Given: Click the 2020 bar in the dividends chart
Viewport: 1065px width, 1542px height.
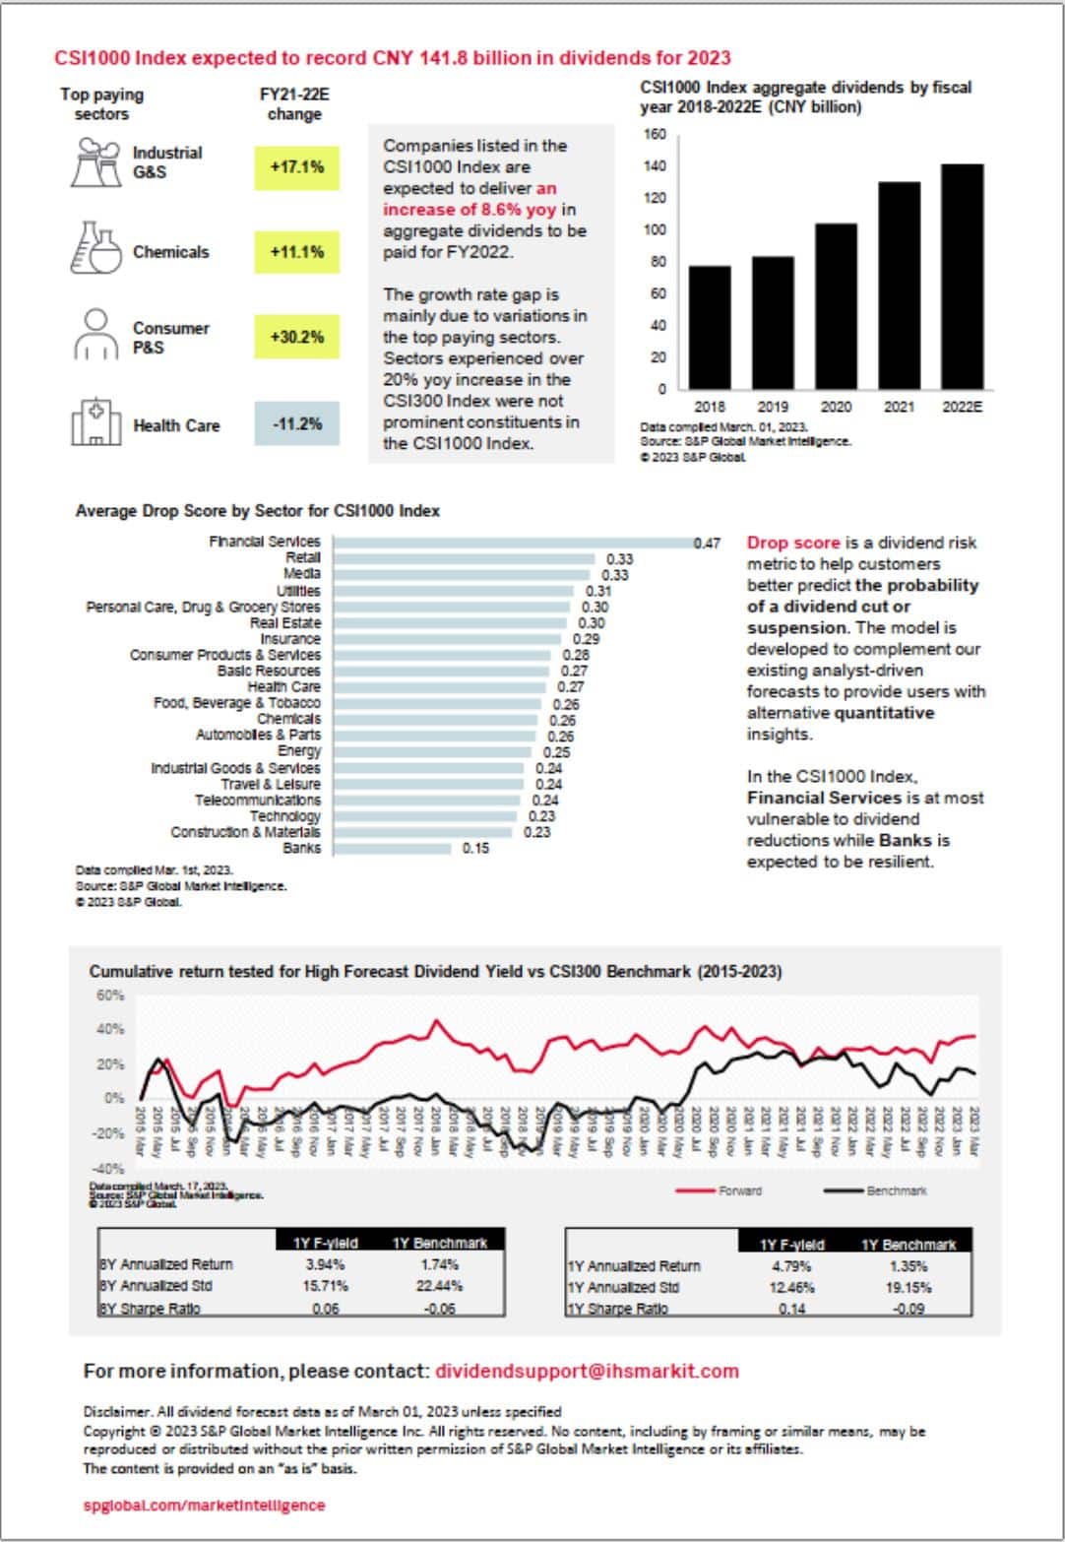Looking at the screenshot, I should point(836,305).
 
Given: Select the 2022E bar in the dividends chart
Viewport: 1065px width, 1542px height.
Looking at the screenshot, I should point(962,276).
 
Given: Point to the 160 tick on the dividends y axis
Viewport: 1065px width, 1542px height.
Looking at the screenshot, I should point(656,135).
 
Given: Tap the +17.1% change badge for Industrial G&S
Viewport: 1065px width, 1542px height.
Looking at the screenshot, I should point(296,167).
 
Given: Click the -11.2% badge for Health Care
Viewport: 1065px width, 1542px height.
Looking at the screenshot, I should point(296,424).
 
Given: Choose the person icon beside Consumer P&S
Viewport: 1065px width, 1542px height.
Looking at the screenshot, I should point(95,335).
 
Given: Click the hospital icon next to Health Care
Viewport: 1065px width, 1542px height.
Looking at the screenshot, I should point(95,422).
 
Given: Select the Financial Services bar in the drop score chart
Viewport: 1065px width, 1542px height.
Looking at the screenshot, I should point(512,543).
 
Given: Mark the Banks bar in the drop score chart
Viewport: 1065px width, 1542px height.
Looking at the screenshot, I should point(392,848).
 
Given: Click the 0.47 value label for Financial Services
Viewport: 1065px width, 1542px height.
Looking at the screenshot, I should point(707,544).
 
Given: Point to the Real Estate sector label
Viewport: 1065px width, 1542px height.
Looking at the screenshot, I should point(285,623).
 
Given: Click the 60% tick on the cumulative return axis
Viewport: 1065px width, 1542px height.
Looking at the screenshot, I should point(110,996).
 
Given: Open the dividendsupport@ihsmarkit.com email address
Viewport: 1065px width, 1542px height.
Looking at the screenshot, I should point(587,1371).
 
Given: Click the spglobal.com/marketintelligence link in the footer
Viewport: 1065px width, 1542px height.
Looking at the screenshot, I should point(204,1505).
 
